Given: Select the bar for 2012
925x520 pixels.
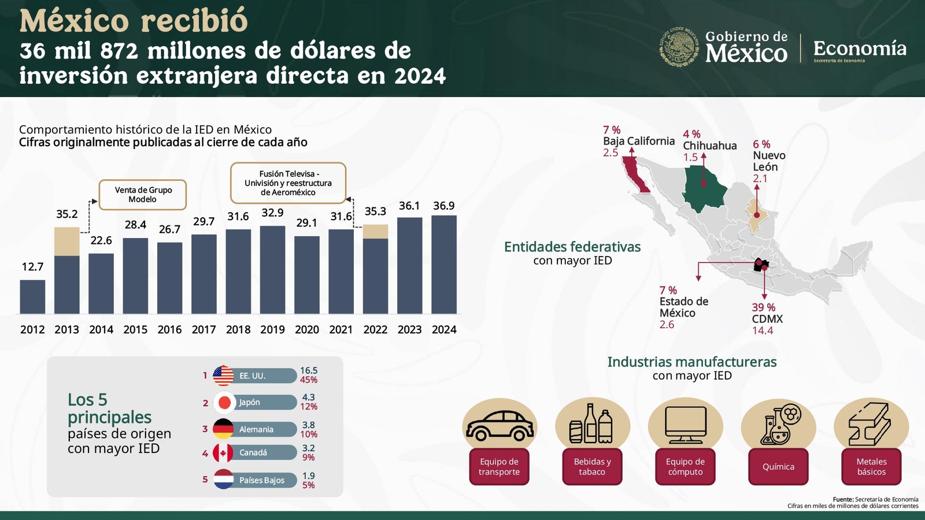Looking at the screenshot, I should click(x=32, y=297).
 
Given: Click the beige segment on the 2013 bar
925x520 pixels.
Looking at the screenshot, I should click(x=66, y=242).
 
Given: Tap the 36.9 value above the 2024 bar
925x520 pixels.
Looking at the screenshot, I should click(x=444, y=206).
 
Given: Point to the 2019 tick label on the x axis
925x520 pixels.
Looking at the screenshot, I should click(x=272, y=329).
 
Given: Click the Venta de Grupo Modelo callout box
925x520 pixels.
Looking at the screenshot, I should click(x=143, y=195).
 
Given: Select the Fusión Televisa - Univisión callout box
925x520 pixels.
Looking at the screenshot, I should click(x=288, y=183).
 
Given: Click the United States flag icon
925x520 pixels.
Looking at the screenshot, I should click(x=223, y=376).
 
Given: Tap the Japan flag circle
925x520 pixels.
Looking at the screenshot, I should click(x=224, y=403).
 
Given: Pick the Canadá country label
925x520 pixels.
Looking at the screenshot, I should click(x=253, y=452).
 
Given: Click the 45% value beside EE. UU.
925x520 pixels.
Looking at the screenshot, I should click(x=309, y=380).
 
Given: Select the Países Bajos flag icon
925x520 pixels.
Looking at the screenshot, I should click(x=223, y=480).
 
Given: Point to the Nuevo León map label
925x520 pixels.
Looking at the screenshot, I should click(x=769, y=161).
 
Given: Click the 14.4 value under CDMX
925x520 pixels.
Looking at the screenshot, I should click(x=763, y=330).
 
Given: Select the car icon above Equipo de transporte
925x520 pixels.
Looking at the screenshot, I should click(x=500, y=427).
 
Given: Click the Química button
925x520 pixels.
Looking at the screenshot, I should click(x=778, y=467).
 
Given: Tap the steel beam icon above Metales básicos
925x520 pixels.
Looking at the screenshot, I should click(x=871, y=425).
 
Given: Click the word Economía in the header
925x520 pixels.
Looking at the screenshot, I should click(x=860, y=49).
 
